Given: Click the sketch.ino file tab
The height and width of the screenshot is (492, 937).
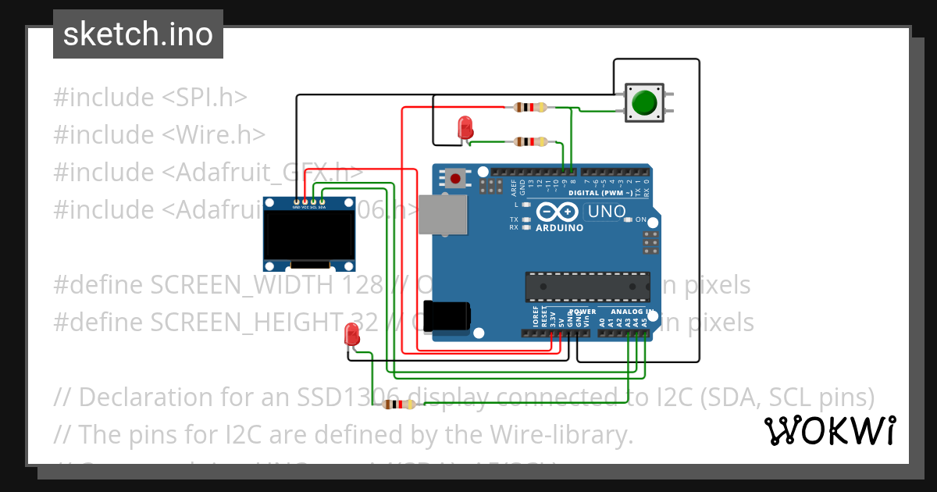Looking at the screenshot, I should [x=138, y=34].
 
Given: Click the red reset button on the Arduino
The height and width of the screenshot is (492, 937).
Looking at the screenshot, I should [x=455, y=179].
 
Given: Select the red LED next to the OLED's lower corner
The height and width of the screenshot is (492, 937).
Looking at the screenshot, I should [x=351, y=337].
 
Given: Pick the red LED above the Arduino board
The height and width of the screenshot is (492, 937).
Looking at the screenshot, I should [x=465, y=127].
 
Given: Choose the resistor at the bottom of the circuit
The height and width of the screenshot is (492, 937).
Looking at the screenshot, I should [x=401, y=404].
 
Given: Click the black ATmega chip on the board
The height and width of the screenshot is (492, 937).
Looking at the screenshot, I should [x=587, y=287].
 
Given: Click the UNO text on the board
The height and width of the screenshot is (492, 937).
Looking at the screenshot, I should [x=607, y=211].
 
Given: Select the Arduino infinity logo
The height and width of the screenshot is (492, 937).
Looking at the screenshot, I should [x=558, y=212].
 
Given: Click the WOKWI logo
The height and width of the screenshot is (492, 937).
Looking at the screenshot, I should [x=828, y=430].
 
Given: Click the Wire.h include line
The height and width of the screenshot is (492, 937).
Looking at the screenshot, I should [x=159, y=134].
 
